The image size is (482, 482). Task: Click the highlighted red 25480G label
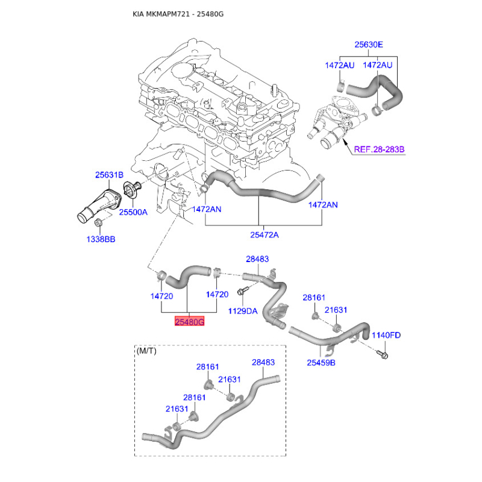(x=189, y=322)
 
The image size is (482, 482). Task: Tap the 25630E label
(x=369, y=45)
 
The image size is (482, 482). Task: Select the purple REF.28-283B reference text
(x=380, y=149)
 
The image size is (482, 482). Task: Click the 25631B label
(x=109, y=175)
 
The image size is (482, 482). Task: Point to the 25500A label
(x=133, y=212)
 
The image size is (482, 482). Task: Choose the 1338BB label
(x=101, y=239)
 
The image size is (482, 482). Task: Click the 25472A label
(x=264, y=235)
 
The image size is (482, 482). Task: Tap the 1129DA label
(x=243, y=311)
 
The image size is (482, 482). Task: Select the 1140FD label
(x=386, y=335)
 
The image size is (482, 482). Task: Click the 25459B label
(x=321, y=363)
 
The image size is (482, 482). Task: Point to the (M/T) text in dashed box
(x=146, y=351)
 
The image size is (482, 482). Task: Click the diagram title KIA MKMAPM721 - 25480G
(x=178, y=14)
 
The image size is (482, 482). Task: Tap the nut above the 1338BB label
(x=98, y=222)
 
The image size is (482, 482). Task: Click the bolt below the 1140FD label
(x=383, y=354)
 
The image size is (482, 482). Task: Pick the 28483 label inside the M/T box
(x=263, y=363)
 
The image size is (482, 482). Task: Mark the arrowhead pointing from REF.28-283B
(x=345, y=142)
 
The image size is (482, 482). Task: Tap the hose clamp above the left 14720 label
(x=161, y=275)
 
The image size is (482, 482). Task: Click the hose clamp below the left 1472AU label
(x=340, y=86)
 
